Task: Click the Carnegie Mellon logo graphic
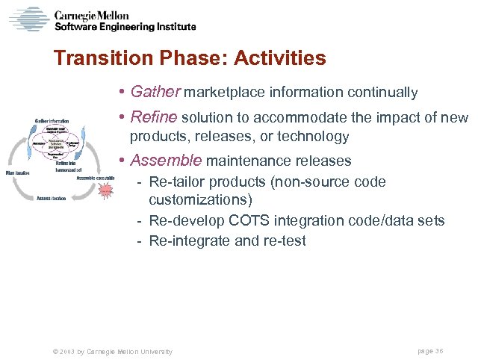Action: (x=28, y=19)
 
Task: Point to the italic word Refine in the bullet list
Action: (x=153, y=117)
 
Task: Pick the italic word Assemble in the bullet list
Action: (x=166, y=161)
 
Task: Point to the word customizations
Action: (x=201, y=200)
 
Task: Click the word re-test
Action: (x=286, y=240)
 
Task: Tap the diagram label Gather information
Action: (x=51, y=120)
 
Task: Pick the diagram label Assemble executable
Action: (x=96, y=178)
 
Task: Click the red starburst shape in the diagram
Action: (x=105, y=191)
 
